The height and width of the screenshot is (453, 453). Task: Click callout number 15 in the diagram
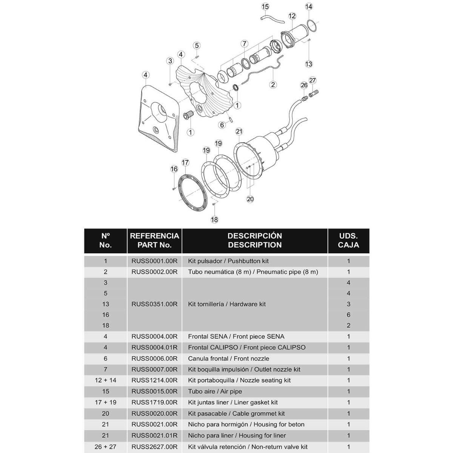coord(265,6)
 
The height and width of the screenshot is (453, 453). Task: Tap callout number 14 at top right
coord(309,6)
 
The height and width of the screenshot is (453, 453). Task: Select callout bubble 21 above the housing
coord(239,131)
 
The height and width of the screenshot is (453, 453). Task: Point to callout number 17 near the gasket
coord(185,163)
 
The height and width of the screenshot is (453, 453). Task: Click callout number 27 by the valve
coord(312,80)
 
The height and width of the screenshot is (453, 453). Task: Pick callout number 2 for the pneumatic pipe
coord(273,85)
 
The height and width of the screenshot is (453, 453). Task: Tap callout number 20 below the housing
coord(250,199)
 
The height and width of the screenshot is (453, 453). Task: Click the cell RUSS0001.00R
coord(154,261)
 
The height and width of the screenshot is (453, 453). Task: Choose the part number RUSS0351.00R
coord(154,304)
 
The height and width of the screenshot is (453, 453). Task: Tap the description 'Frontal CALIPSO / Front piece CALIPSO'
coord(247,347)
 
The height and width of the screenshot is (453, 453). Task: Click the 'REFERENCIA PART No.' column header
coord(154,240)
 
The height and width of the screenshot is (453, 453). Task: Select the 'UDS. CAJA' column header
coord(348,240)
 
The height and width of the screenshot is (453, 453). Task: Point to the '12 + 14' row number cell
coord(105,380)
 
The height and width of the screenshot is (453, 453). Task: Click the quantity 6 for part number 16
coord(348,314)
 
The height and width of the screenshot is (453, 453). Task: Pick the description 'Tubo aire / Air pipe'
coord(215,391)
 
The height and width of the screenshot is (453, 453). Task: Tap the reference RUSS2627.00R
coord(154,447)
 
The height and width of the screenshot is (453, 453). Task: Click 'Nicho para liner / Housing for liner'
coord(237,435)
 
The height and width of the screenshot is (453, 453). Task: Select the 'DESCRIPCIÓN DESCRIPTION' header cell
coord(254,240)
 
